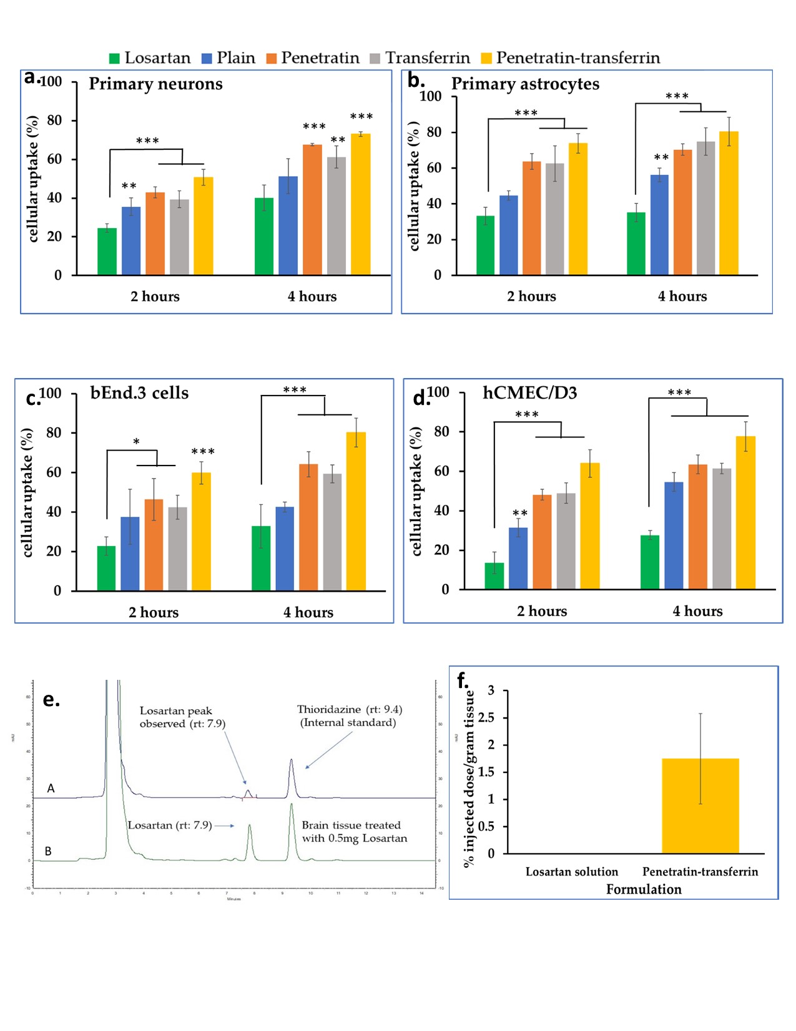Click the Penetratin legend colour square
tap(272, 59)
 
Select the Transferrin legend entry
tap(427, 58)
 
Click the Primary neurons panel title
tap(155, 84)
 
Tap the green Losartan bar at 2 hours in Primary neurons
tap(107, 252)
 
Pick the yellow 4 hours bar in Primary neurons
tap(361, 204)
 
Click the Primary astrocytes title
tap(525, 84)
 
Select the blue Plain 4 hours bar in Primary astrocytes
tap(659, 225)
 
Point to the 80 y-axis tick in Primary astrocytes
tap(434, 132)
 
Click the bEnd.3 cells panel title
tap(139, 393)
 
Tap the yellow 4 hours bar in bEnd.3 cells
tap(356, 511)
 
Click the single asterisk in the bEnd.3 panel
tap(136, 442)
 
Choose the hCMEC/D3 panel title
tap(529, 393)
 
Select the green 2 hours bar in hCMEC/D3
tap(494, 576)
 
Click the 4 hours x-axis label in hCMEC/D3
tap(697, 611)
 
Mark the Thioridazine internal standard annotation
tap(349, 716)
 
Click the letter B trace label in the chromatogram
tap(48, 851)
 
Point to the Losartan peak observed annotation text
tap(182, 717)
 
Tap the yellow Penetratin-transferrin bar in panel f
tap(700, 806)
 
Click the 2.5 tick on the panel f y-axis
tap(486, 717)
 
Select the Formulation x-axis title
tap(644, 889)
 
